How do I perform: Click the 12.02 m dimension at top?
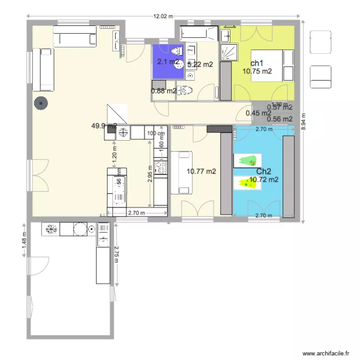tap(164, 16)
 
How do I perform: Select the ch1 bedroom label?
tap(257, 63)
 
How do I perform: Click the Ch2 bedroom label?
tap(264, 172)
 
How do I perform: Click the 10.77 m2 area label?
tap(201, 171)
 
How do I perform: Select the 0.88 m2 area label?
tap(164, 91)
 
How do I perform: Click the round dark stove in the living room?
tap(40, 102)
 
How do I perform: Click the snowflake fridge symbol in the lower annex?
tap(49, 229)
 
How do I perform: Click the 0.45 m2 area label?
tap(258, 113)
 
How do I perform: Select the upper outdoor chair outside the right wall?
tap(320, 42)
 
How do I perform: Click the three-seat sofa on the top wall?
tap(74, 36)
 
